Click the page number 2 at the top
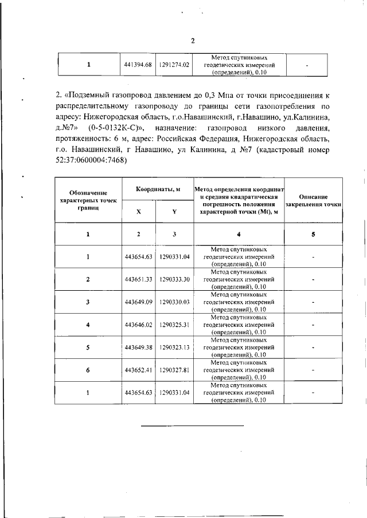(193, 40)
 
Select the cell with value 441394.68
(138, 65)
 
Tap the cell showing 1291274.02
(174, 65)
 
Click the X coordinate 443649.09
(138, 302)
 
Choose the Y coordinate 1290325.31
(174, 325)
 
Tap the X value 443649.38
(138, 347)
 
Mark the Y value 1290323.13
(174, 347)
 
